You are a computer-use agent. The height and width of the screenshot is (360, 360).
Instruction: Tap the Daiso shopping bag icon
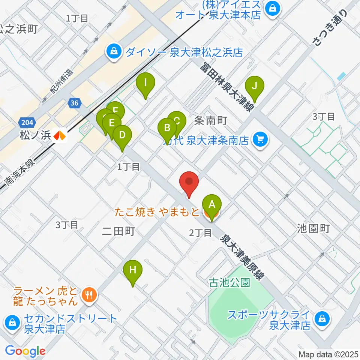coord(113,52)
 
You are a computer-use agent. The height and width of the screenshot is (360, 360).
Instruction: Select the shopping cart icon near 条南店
coord(260,140)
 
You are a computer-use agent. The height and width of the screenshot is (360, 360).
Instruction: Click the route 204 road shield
coord(24,122)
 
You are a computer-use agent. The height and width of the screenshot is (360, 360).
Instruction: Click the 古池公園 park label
coord(229,282)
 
